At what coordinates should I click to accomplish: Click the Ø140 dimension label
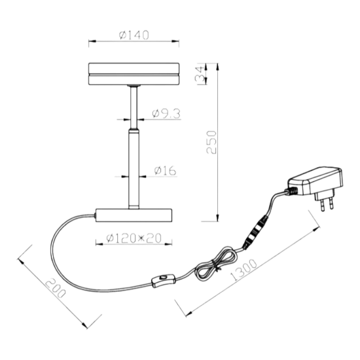(x=134, y=35)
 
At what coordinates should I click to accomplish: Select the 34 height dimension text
(x=200, y=74)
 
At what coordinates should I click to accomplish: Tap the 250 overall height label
(x=211, y=142)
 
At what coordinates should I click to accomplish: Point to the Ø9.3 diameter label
(x=166, y=114)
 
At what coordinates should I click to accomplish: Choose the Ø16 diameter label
(x=166, y=171)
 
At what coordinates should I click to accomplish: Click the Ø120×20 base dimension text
(x=134, y=238)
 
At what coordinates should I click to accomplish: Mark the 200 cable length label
(x=56, y=289)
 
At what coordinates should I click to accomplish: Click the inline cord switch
(x=164, y=280)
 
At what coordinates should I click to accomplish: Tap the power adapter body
(x=316, y=181)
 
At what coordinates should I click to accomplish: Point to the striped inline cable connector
(x=256, y=232)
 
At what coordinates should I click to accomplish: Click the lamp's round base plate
(x=134, y=215)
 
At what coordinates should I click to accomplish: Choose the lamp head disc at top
(x=134, y=74)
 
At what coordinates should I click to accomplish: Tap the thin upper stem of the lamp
(x=134, y=107)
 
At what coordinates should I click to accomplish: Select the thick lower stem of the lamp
(x=134, y=169)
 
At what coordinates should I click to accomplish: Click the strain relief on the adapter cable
(x=291, y=190)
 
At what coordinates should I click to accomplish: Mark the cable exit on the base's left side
(x=95, y=215)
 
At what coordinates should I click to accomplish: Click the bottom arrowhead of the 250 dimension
(x=218, y=218)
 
